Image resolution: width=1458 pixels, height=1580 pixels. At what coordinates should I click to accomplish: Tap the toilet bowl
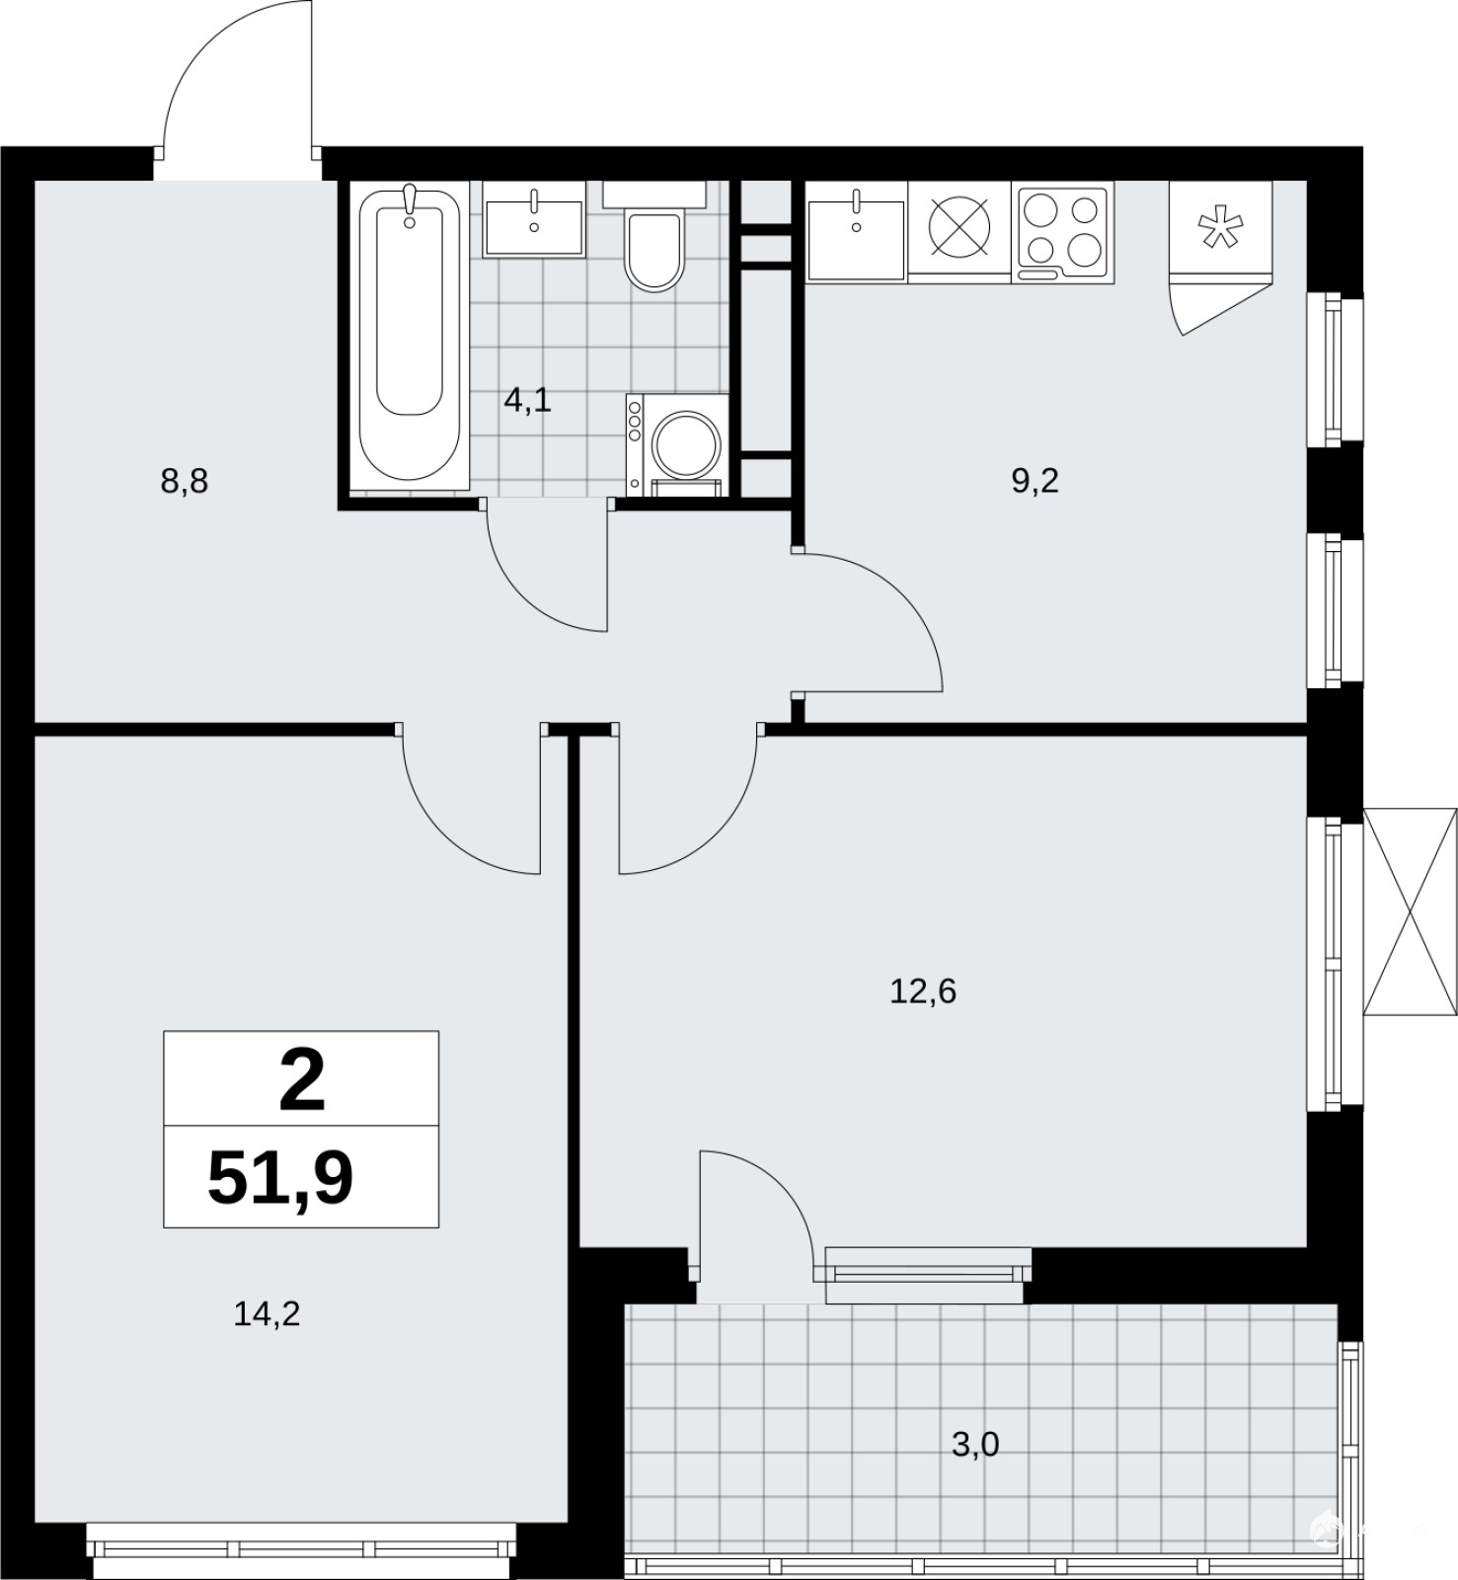pyautogui.click(x=653, y=252)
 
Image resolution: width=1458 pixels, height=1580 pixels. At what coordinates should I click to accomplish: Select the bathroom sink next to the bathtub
pyautogui.click(x=534, y=219)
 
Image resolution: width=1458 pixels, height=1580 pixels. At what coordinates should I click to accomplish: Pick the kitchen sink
pyautogui.click(x=856, y=231)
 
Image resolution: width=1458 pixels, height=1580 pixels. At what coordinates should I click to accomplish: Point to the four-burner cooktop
pyautogui.click(x=1062, y=231)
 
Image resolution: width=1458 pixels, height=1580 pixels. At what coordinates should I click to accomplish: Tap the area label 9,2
pyautogui.click(x=1035, y=481)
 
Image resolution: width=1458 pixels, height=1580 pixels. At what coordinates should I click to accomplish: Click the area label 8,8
pyautogui.click(x=185, y=483)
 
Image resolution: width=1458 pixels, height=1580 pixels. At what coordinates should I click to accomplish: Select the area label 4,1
pyautogui.click(x=527, y=401)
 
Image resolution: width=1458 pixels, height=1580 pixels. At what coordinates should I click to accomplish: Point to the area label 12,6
pyautogui.click(x=923, y=990)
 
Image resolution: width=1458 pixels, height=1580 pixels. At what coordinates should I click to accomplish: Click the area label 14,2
pyautogui.click(x=267, y=1313)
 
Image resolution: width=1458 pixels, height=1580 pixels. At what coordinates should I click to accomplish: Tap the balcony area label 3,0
pyautogui.click(x=975, y=1445)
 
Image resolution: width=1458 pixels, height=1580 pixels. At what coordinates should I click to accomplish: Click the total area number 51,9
pyautogui.click(x=280, y=1178)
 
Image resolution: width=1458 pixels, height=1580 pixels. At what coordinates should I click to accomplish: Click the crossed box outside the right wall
pyautogui.click(x=1410, y=911)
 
